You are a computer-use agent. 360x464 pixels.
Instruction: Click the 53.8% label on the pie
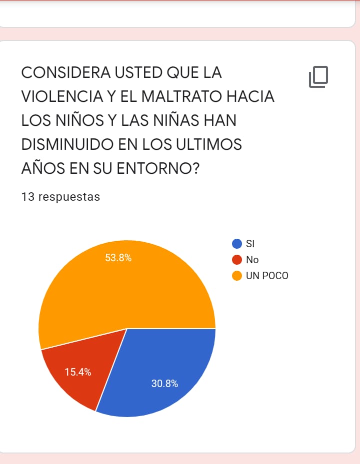click(x=118, y=258)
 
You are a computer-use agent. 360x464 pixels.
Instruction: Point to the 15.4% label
click(x=78, y=372)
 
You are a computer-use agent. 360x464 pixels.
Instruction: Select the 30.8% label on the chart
click(x=164, y=384)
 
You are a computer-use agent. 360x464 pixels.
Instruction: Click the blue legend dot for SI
click(x=237, y=244)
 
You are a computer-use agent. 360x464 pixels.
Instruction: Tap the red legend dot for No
click(x=237, y=260)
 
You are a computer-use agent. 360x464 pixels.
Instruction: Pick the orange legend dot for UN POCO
click(x=237, y=276)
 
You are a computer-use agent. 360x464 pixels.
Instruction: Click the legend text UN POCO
click(x=267, y=276)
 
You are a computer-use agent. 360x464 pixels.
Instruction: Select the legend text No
click(x=252, y=260)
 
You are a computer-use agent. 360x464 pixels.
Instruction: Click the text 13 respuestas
click(x=60, y=197)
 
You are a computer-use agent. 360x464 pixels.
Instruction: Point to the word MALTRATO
click(x=181, y=97)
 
